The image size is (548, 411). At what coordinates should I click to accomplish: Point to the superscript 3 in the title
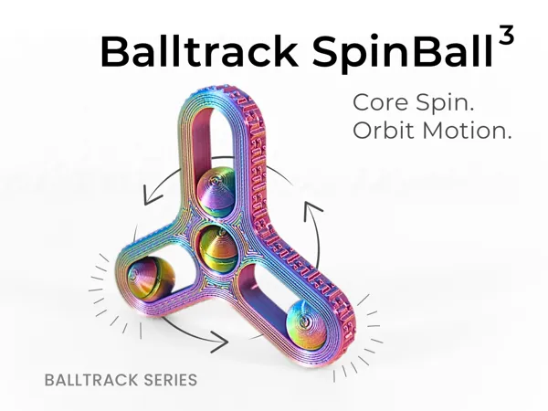506,35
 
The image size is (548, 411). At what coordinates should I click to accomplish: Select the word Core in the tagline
380,102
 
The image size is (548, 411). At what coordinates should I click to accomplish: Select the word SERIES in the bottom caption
171,380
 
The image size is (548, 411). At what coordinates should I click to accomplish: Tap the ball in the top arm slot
216,191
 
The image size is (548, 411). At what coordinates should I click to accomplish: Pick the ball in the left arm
151,279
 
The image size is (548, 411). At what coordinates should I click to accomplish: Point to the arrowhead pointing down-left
151,197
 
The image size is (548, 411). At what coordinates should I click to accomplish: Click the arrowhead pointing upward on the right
311,210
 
